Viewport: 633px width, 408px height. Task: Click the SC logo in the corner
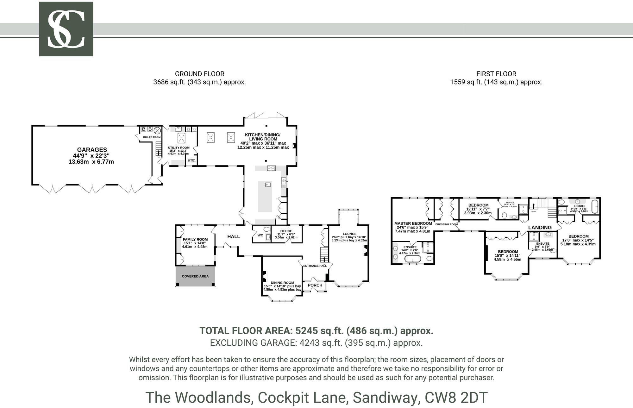click(66, 29)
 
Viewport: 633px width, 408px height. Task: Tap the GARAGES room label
click(92, 150)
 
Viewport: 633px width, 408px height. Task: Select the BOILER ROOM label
click(152, 137)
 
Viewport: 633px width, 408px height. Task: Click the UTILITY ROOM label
click(179, 148)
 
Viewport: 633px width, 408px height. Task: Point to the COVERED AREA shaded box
click(195, 276)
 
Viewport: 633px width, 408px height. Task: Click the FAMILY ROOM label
click(195, 240)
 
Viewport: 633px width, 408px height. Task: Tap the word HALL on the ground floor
click(234, 236)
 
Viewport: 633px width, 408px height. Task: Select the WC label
click(260, 235)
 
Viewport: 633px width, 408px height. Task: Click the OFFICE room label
click(286, 231)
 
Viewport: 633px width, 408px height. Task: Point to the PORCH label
click(315, 285)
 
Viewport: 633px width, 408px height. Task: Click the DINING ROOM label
click(282, 283)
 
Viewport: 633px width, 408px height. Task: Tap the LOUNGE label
click(349, 234)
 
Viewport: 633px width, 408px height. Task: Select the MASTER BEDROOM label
click(413, 223)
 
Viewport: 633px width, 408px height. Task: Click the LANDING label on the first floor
click(540, 228)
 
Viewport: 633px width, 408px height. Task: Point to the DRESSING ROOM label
click(446, 224)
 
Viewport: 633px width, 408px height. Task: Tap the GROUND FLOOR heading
click(199, 74)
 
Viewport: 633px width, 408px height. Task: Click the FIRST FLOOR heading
click(496, 74)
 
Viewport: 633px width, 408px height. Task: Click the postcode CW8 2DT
click(456, 398)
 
